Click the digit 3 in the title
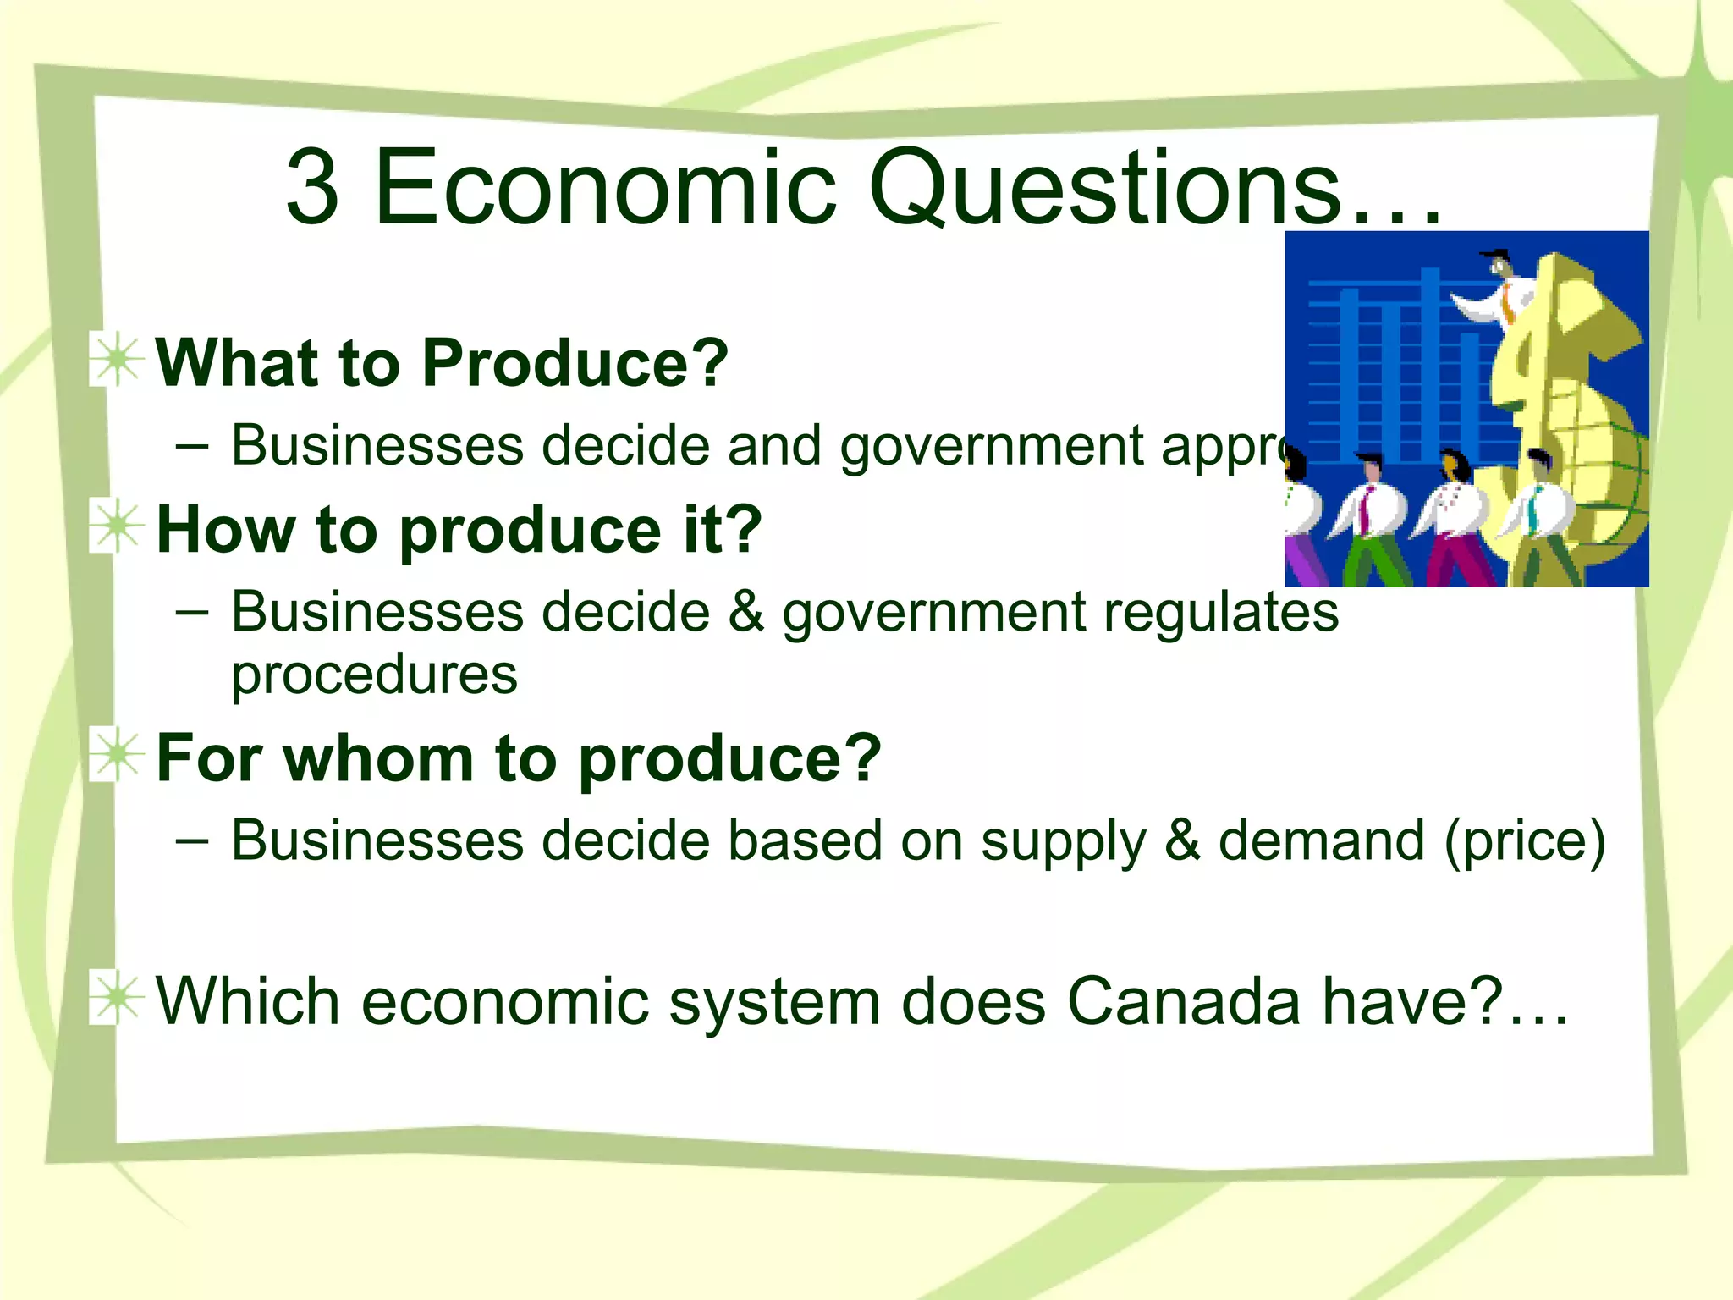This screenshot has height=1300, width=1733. click(x=313, y=187)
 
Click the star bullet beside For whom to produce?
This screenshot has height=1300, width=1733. click(x=117, y=756)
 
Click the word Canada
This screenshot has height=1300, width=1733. click(x=1184, y=1001)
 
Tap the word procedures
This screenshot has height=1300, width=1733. click(x=374, y=675)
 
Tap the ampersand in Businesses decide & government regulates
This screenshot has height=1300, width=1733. click(x=745, y=611)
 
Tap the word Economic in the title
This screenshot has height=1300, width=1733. click(x=605, y=187)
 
